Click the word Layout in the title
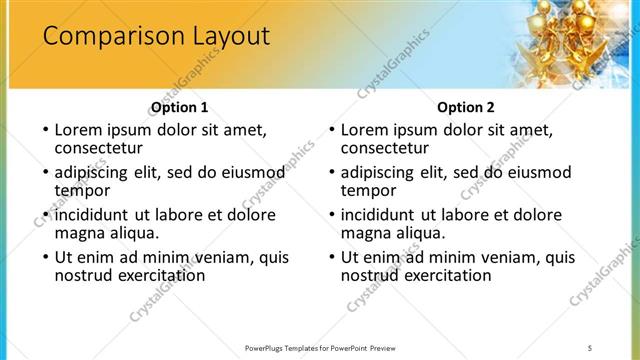pos(226,37)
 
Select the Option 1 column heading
pos(180,107)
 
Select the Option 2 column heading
pos(467,107)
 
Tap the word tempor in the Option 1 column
pos(82,190)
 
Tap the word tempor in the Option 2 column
pos(369,190)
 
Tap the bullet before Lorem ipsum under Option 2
pos(331,130)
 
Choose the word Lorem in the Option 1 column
pos(78,130)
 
